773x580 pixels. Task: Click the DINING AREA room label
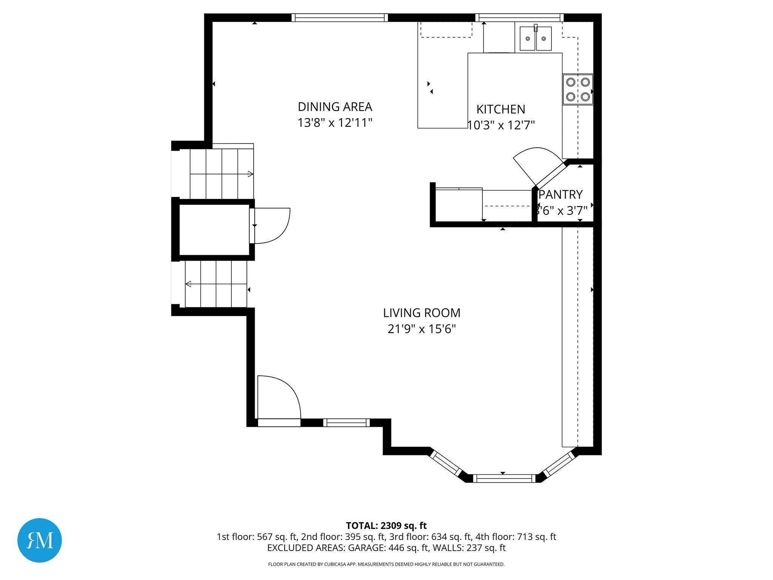(x=335, y=107)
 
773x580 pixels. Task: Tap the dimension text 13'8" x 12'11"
(x=335, y=123)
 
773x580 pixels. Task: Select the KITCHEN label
(x=500, y=110)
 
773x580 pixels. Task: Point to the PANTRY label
(x=561, y=194)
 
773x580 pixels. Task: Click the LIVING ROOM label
(x=422, y=313)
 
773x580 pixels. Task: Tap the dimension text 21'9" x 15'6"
(x=422, y=329)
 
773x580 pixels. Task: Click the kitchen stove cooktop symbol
(x=577, y=89)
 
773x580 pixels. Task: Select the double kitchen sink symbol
(x=535, y=38)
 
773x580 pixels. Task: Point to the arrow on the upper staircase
(x=250, y=174)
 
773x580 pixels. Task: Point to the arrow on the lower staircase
(x=188, y=284)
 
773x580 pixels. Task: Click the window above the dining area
(x=339, y=17)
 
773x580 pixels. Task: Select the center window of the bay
(x=504, y=478)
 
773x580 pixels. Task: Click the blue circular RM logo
(x=40, y=540)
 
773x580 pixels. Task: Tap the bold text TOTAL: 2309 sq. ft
(x=386, y=526)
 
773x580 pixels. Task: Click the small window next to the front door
(x=346, y=423)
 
